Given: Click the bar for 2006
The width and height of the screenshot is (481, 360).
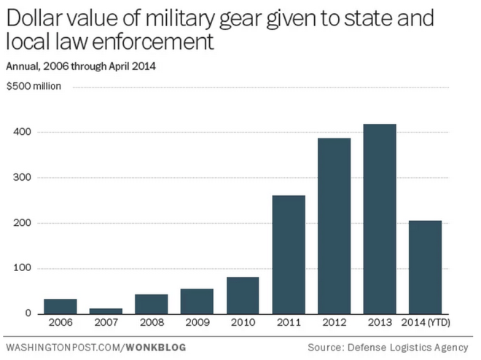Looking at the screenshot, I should (x=60, y=306).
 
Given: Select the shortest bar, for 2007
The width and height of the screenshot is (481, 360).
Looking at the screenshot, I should (x=106, y=310).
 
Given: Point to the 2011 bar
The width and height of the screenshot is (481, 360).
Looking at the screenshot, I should (x=289, y=254).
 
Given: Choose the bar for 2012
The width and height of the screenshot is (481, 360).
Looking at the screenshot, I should (x=334, y=226).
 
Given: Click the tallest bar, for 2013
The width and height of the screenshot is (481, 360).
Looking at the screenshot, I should (x=380, y=219).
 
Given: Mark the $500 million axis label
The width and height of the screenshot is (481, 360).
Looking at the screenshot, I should (x=34, y=87).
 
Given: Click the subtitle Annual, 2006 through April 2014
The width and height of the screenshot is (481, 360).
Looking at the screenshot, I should (x=81, y=66).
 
